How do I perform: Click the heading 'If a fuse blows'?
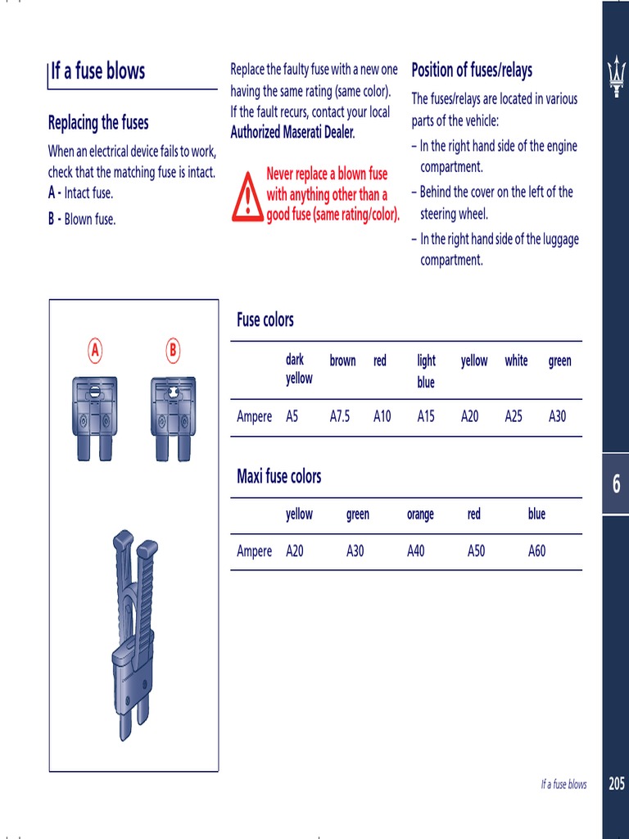tap(97, 71)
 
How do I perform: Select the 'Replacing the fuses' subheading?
tap(98, 123)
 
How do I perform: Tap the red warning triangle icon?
tap(247, 197)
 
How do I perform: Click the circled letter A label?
tap(95, 351)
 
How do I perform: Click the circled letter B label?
tap(172, 351)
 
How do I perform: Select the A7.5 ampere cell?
tap(339, 416)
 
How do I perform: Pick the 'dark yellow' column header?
tap(298, 369)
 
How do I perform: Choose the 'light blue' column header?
tap(426, 371)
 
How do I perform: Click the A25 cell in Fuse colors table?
tap(514, 416)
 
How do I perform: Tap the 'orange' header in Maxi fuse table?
tap(420, 515)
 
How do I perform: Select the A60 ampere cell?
tap(536, 551)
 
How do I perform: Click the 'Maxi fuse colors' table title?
tap(278, 476)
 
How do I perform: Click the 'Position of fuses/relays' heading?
tap(472, 70)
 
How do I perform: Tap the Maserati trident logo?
tap(615, 77)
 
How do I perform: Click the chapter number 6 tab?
tap(616, 484)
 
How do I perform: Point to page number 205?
tap(616, 784)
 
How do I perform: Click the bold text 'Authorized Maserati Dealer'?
tap(292, 133)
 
